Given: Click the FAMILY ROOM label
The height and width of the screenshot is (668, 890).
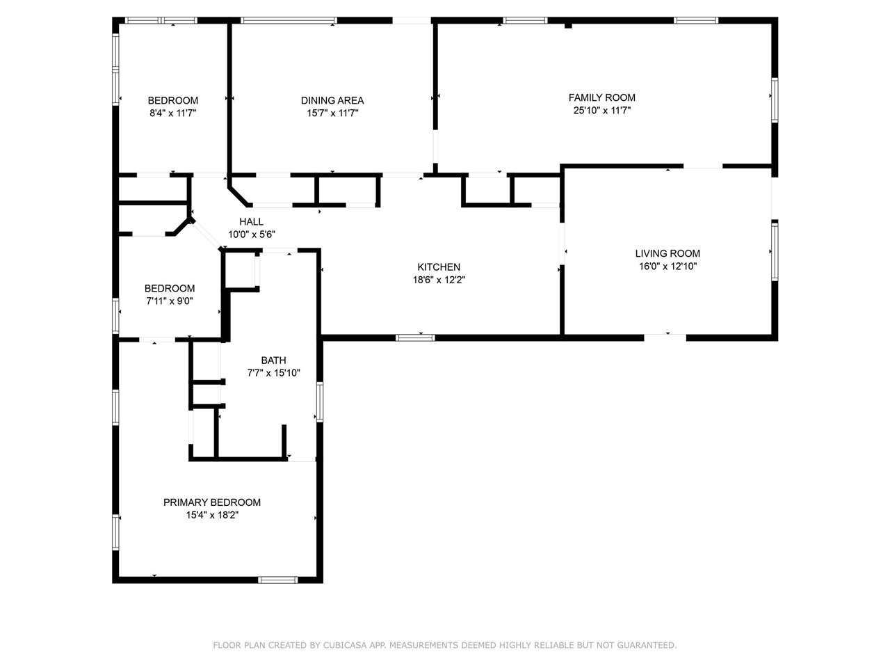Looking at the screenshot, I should [601, 97].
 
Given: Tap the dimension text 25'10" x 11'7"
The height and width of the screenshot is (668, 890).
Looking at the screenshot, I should [601, 110].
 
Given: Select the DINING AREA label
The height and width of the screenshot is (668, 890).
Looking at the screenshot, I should [332, 100].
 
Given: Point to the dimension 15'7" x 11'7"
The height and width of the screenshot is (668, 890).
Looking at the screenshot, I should [332, 113].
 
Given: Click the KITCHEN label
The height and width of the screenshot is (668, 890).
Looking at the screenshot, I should [438, 267].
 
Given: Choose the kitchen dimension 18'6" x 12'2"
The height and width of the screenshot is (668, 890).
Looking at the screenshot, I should [438, 280].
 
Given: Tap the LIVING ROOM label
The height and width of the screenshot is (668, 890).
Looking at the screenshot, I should [667, 253].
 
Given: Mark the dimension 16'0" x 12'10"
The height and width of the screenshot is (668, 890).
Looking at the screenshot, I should [667, 266].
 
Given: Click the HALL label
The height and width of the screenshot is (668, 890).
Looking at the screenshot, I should [251, 221].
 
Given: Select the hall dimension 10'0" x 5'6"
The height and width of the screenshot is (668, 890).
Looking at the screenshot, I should [251, 234].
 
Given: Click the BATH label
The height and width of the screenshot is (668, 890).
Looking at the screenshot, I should [273, 360].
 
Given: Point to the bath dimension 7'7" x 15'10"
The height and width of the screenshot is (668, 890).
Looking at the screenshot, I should [273, 373].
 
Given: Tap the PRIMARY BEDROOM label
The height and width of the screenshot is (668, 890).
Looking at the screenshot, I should [211, 502].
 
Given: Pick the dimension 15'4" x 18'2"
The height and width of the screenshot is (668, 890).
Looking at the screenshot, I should [211, 515].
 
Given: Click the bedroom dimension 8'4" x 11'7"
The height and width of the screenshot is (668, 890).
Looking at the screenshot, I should [172, 113].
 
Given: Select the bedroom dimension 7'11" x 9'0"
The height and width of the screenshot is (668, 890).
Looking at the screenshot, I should [169, 301].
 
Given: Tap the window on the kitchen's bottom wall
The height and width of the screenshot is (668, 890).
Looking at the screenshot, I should [415, 338].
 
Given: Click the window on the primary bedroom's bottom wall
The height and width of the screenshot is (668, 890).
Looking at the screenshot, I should [278, 579].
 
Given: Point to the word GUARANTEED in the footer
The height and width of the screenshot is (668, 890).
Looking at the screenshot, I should [647, 646].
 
